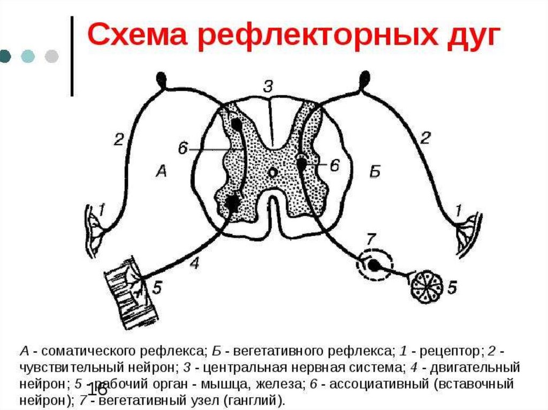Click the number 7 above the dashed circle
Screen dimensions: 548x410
click(369, 237)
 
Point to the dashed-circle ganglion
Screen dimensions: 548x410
click(375, 264)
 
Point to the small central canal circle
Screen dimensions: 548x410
click(272, 173)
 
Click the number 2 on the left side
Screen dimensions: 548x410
click(118, 140)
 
